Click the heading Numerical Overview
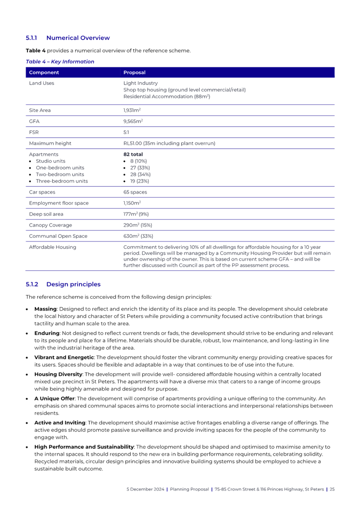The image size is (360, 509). [x=78, y=38]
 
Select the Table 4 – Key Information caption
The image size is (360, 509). [x=60, y=62]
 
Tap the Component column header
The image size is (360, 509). [x=44, y=73]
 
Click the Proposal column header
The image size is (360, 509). [x=134, y=73]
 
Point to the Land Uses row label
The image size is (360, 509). [x=41, y=84]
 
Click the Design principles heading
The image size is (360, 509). [x=73, y=284]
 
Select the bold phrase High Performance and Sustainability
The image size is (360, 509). [x=84, y=446]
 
